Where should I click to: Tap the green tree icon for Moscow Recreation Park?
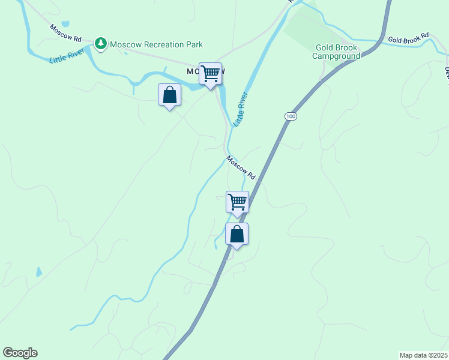pos(101,44)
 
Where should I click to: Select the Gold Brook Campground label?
pos(336,52)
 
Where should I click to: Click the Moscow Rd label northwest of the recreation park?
pos(65,33)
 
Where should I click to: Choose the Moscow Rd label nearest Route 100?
pos(241,168)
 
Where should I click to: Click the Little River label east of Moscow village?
pos(241,109)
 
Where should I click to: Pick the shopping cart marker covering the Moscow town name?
pos(211,74)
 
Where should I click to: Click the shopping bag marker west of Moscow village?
pos(169,95)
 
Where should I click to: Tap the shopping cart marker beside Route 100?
pos(237,202)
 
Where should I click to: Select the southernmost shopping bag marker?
pos(237,234)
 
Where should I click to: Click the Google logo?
pos(20,353)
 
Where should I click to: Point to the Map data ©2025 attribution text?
pos(424,355)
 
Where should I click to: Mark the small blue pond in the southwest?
pos(39,272)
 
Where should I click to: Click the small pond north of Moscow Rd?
pos(65,25)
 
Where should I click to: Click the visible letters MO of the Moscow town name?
pos(193,71)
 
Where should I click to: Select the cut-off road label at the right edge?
pos(446,71)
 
